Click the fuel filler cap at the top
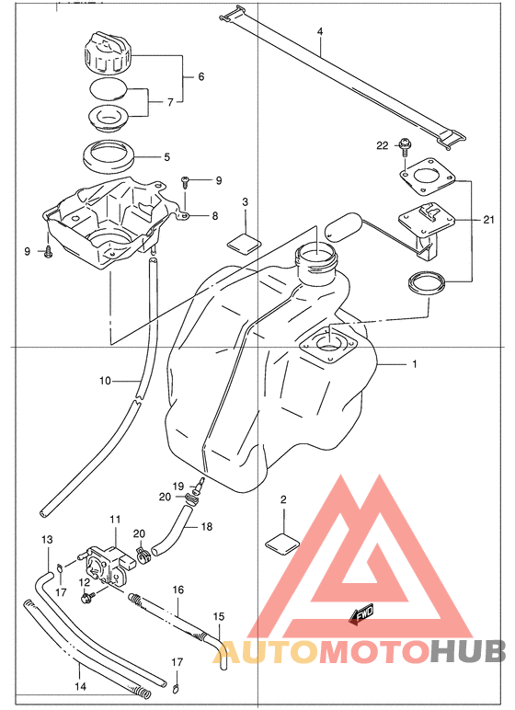(108, 53)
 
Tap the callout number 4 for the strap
(320, 31)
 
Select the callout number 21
(488, 220)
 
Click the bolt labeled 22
(404, 146)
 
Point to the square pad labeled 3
(245, 241)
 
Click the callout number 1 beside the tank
(415, 363)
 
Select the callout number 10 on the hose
(105, 381)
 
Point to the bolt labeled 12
(86, 598)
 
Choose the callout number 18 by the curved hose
(207, 527)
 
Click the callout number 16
(178, 590)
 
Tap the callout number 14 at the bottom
(80, 687)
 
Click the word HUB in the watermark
(467, 652)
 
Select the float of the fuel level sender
(340, 225)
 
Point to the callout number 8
(214, 216)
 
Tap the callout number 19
(178, 486)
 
